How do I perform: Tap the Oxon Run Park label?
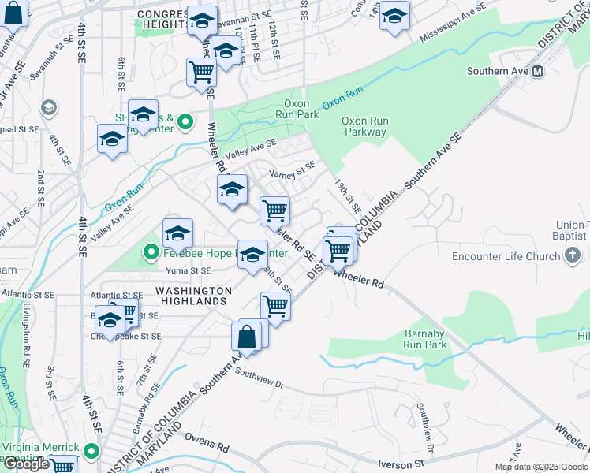(301, 109)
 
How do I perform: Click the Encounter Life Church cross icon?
(573, 255)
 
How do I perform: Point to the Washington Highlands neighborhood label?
(193, 296)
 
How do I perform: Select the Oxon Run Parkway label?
(364, 126)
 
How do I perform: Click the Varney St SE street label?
(292, 168)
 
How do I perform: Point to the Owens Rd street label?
(207, 441)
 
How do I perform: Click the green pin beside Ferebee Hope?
(152, 253)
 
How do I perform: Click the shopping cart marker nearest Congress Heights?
(201, 72)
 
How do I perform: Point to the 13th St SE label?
(346, 196)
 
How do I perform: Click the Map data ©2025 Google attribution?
(541, 467)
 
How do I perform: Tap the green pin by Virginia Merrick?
(91, 453)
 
